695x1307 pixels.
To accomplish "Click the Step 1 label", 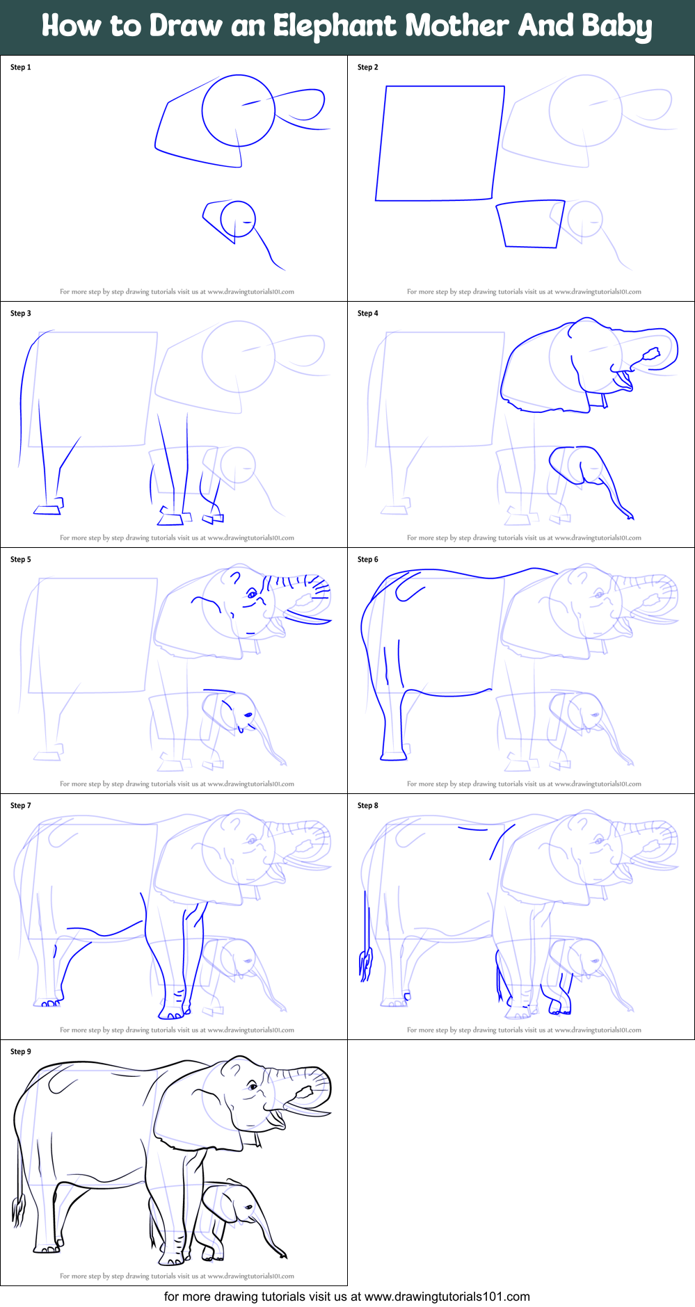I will click(x=20, y=67).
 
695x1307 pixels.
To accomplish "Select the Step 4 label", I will click(x=367, y=314).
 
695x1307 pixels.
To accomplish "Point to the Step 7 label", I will click(x=20, y=806).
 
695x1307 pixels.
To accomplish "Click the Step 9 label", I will click(x=20, y=1052).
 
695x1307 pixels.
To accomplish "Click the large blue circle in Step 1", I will click(x=239, y=111).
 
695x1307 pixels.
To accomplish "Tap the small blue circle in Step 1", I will click(x=238, y=219).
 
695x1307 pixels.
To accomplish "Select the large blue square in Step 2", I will click(x=440, y=143).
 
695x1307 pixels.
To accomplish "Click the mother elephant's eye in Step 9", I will click(x=253, y=1086).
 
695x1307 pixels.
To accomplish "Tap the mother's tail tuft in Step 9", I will click(x=19, y=1210).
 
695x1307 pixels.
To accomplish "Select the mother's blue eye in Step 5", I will click(x=252, y=594).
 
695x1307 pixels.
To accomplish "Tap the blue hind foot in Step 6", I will click(x=393, y=755).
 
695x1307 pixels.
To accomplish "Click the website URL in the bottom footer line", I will click(x=447, y=1297).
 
